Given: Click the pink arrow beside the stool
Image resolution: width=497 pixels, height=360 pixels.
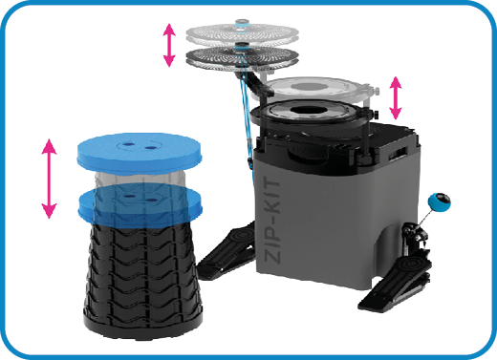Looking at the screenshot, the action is point(49,179).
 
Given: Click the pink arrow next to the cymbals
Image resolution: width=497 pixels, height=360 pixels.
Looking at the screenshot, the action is point(169,45).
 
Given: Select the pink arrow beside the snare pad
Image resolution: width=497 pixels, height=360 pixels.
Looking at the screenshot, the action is point(396,97).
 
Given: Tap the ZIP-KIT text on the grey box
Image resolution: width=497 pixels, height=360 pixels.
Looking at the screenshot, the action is point(272,220).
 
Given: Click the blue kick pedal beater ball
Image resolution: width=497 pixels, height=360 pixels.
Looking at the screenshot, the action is point(440,202).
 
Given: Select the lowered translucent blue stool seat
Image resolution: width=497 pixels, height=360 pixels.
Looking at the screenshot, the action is point(140,205).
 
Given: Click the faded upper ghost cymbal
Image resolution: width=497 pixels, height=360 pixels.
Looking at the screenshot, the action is point(242,33).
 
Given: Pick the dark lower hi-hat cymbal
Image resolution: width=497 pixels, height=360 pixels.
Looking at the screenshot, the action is point(242,57).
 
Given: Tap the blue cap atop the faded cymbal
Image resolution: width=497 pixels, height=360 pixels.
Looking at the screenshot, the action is point(242,24).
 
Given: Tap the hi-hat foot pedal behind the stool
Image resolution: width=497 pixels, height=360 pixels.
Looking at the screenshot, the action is point(227,251).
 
